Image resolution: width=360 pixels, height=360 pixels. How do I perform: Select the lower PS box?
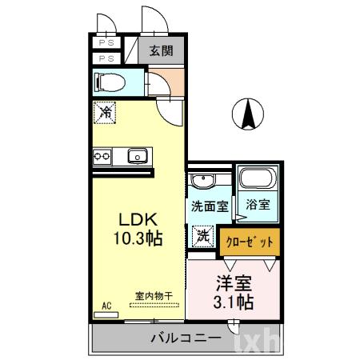pyautogui.click(x=106, y=58)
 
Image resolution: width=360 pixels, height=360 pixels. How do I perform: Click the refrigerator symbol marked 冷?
pyautogui.click(x=105, y=113)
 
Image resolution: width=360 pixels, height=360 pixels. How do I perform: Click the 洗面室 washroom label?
pyautogui.click(x=209, y=206)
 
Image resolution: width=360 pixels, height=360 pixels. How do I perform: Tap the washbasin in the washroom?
pyautogui.click(x=203, y=180)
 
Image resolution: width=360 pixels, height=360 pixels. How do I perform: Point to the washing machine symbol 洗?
pyautogui.click(x=202, y=236)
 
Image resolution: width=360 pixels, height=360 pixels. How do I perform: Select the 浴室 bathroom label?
pyautogui.click(x=257, y=206)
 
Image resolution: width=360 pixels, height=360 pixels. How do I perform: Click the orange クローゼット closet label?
pyautogui.click(x=250, y=241)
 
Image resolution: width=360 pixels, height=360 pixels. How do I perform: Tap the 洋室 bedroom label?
pyautogui.click(x=233, y=283)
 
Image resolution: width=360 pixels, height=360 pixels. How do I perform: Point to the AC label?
pyautogui.click(x=106, y=305)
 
